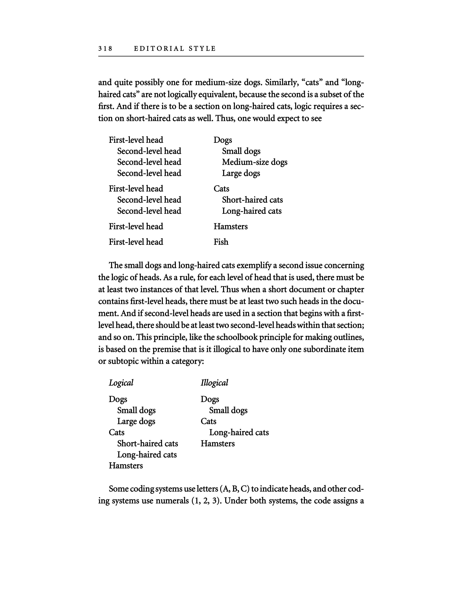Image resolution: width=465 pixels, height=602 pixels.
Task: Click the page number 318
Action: click(x=105, y=49)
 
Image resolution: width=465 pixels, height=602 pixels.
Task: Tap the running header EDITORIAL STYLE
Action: click(x=175, y=49)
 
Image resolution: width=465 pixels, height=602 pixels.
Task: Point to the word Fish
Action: click(x=221, y=242)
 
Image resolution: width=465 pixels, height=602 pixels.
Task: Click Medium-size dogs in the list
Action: click(x=255, y=162)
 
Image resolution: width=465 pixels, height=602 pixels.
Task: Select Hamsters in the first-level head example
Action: click(x=230, y=227)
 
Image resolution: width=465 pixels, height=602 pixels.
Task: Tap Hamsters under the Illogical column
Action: click(x=218, y=443)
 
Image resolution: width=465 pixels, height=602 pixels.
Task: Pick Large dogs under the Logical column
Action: click(x=136, y=421)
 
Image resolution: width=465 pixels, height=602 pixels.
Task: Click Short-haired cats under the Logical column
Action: click(x=148, y=443)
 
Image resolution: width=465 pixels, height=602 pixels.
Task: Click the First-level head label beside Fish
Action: click(x=136, y=242)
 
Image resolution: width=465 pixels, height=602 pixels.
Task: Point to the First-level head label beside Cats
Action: click(x=136, y=189)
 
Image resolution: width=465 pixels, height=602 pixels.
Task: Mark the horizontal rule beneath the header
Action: click(x=231, y=56)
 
